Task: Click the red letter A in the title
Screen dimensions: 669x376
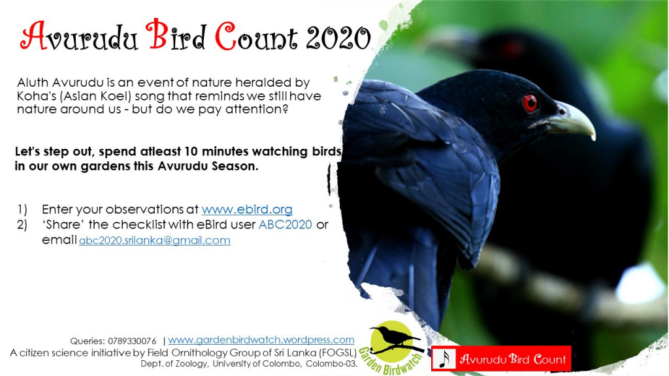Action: (x=34, y=36)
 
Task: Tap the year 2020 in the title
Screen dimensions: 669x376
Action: (x=338, y=38)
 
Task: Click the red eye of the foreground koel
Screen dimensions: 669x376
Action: (x=530, y=102)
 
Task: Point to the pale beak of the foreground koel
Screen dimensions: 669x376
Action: (x=572, y=121)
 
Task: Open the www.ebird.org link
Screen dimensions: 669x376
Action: (x=247, y=210)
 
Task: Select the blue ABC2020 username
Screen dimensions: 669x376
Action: (x=286, y=225)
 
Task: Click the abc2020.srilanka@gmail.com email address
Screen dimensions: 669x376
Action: (x=154, y=240)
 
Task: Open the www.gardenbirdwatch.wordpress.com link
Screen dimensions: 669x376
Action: (x=261, y=339)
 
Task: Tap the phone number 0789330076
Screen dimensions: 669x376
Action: (x=132, y=341)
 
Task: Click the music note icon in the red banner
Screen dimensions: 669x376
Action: (x=444, y=359)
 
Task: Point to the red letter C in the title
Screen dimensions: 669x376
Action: (x=225, y=37)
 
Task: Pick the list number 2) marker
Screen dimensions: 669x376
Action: (x=22, y=225)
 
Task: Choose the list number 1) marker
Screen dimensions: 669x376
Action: (x=22, y=210)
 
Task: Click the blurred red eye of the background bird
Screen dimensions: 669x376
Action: (x=512, y=48)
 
